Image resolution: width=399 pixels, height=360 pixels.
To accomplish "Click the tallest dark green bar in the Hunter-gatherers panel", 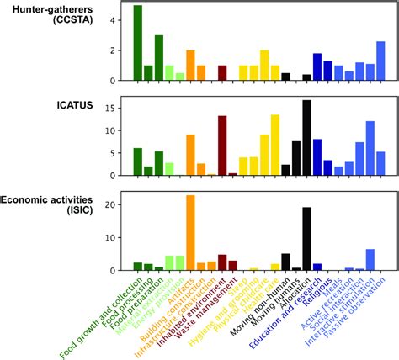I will click(x=138, y=44).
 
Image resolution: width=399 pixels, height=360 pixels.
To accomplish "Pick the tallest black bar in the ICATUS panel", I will click(x=306, y=138).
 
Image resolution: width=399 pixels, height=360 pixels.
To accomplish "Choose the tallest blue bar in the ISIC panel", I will click(x=370, y=260).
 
